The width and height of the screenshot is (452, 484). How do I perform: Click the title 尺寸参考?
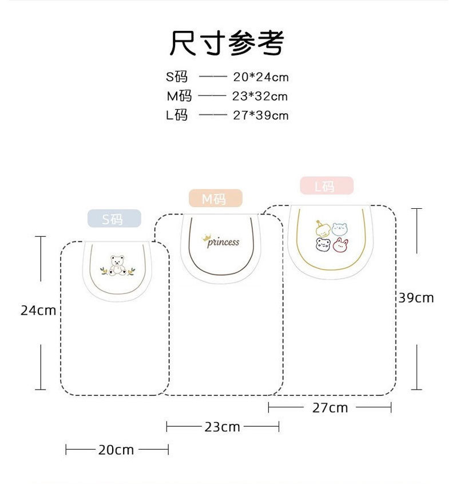(x=227, y=42)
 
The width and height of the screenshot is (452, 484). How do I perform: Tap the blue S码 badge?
(x=113, y=218)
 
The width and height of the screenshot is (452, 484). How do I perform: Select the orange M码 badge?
(x=215, y=199)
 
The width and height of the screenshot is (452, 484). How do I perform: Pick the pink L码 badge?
(x=326, y=186)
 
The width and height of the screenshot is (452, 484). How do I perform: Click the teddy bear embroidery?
(x=118, y=267)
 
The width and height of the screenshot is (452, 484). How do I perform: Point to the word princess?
(x=223, y=242)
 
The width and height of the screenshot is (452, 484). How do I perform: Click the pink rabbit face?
(x=341, y=246)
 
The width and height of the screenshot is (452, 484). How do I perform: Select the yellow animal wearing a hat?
(x=323, y=228)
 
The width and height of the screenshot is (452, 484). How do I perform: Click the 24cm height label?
(x=38, y=310)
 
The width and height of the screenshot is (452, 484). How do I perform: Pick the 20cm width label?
(x=116, y=450)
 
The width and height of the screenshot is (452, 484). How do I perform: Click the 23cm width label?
(x=223, y=427)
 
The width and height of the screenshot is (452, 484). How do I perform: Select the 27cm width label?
(x=330, y=407)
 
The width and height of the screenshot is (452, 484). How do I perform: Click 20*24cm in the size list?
(x=261, y=77)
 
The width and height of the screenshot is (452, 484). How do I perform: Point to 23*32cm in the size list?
(x=260, y=96)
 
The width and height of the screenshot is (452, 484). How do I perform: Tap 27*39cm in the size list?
(x=261, y=115)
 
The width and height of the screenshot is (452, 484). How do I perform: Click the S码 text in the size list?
(x=177, y=77)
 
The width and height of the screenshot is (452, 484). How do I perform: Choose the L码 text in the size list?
(x=177, y=115)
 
